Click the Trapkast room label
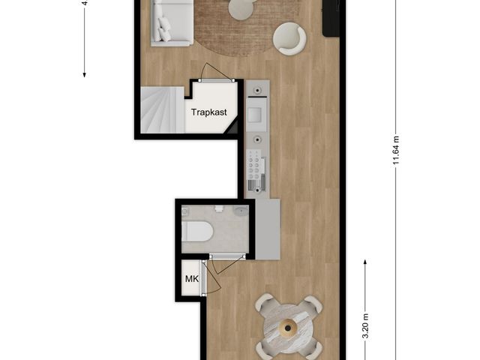(x=209, y=113)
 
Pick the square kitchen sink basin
(x=256, y=114)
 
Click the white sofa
(x=172, y=21)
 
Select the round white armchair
(x=289, y=38)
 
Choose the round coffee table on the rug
(x=241, y=9)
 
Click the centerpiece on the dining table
(x=288, y=327)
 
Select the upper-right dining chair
(x=312, y=305)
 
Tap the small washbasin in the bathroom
(x=240, y=211)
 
